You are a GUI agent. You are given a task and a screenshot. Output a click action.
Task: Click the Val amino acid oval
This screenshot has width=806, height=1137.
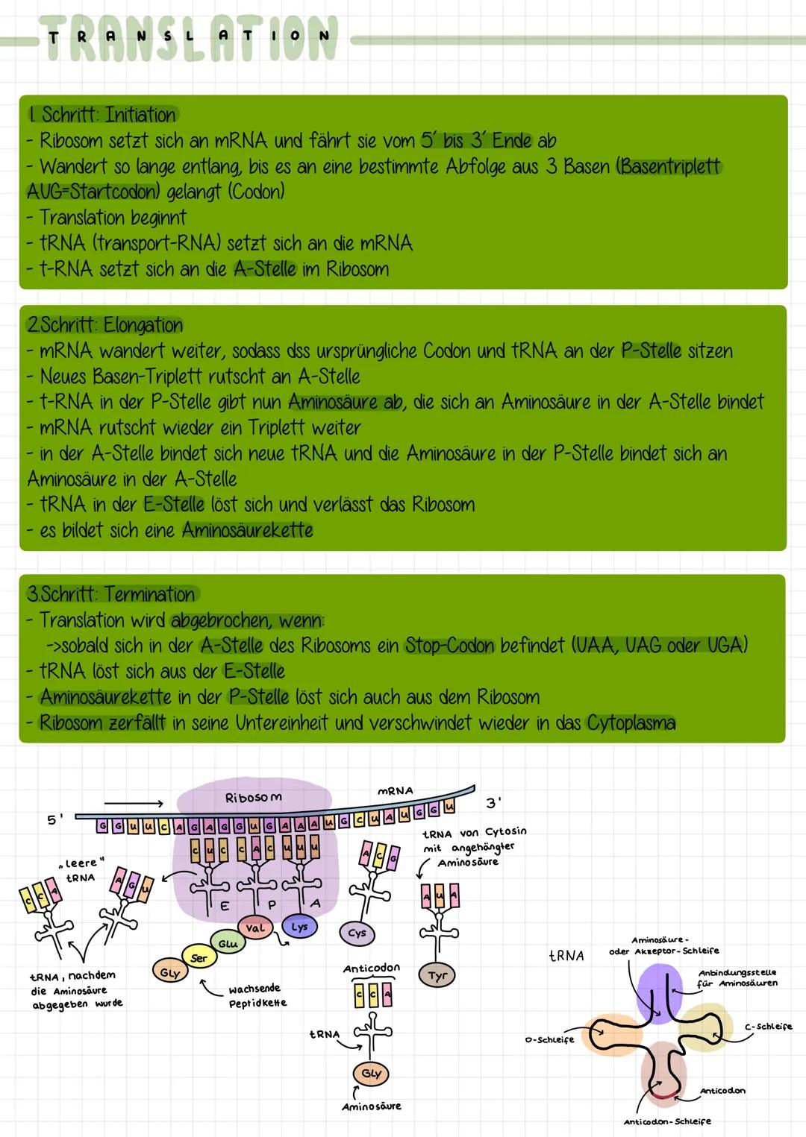(254, 929)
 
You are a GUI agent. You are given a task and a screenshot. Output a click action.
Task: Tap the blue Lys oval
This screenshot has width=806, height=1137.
(299, 927)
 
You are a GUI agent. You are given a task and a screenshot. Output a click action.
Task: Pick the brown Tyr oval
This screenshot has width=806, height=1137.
(437, 975)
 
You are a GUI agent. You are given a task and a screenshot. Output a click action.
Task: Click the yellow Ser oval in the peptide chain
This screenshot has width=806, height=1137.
(199, 958)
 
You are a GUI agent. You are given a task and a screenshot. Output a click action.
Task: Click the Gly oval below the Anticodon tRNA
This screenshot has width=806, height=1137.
(370, 1073)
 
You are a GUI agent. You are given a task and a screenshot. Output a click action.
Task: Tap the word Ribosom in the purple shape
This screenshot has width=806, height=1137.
(254, 797)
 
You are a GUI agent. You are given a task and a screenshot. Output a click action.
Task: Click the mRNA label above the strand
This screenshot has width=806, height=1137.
(396, 790)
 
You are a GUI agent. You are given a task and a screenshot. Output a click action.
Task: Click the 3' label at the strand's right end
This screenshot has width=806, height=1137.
(493, 803)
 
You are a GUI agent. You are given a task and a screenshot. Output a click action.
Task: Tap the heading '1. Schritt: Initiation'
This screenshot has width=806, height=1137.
(101, 115)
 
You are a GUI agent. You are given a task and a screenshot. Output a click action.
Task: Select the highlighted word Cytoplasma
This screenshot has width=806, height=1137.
(631, 722)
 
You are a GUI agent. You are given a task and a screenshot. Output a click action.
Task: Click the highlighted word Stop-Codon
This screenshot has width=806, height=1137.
(449, 645)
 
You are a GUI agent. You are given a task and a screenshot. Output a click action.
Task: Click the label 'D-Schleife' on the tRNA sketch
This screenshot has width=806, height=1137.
(549, 1039)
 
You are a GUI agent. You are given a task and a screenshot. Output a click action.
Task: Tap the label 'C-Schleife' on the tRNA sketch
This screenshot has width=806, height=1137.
(768, 1027)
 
